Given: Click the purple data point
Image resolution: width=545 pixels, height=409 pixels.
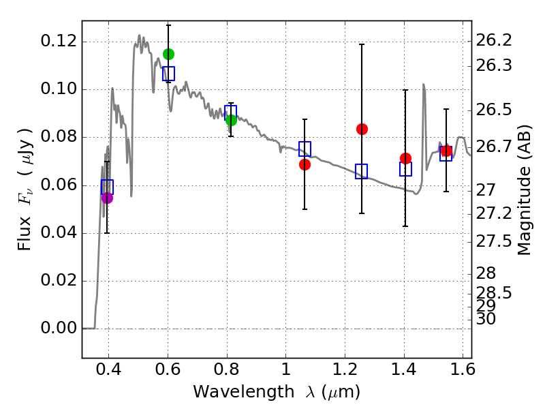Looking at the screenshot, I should pyautogui.click(x=107, y=198).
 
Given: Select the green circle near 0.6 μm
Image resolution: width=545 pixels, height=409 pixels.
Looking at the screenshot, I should pyautogui.click(x=169, y=54).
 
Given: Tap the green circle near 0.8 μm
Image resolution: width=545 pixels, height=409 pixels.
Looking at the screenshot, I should pyautogui.click(x=231, y=120).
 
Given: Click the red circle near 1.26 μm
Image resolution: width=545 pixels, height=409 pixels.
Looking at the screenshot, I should pyautogui.click(x=362, y=129).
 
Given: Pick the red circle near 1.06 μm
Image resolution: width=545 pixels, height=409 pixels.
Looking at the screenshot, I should pyautogui.click(x=305, y=164).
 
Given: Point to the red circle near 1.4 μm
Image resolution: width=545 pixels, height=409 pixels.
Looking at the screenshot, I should pyautogui.click(x=405, y=158).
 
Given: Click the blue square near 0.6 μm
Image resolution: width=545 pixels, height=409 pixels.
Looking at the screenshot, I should pyautogui.click(x=168, y=74).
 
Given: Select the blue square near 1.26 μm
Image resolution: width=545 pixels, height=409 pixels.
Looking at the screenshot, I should pyautogui.click(x=361, y=171).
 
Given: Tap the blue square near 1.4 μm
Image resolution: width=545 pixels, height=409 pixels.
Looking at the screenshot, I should pyautogui.click(x=405, y=169).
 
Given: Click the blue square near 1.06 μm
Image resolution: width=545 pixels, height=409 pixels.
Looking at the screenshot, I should pyautogui.click(x=305, y=149).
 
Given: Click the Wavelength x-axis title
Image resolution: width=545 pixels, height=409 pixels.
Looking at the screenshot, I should pyautogui.click(x=276, y=392).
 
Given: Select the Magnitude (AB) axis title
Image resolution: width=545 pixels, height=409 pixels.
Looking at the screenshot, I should pyautogui.click(x=523, y=189).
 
